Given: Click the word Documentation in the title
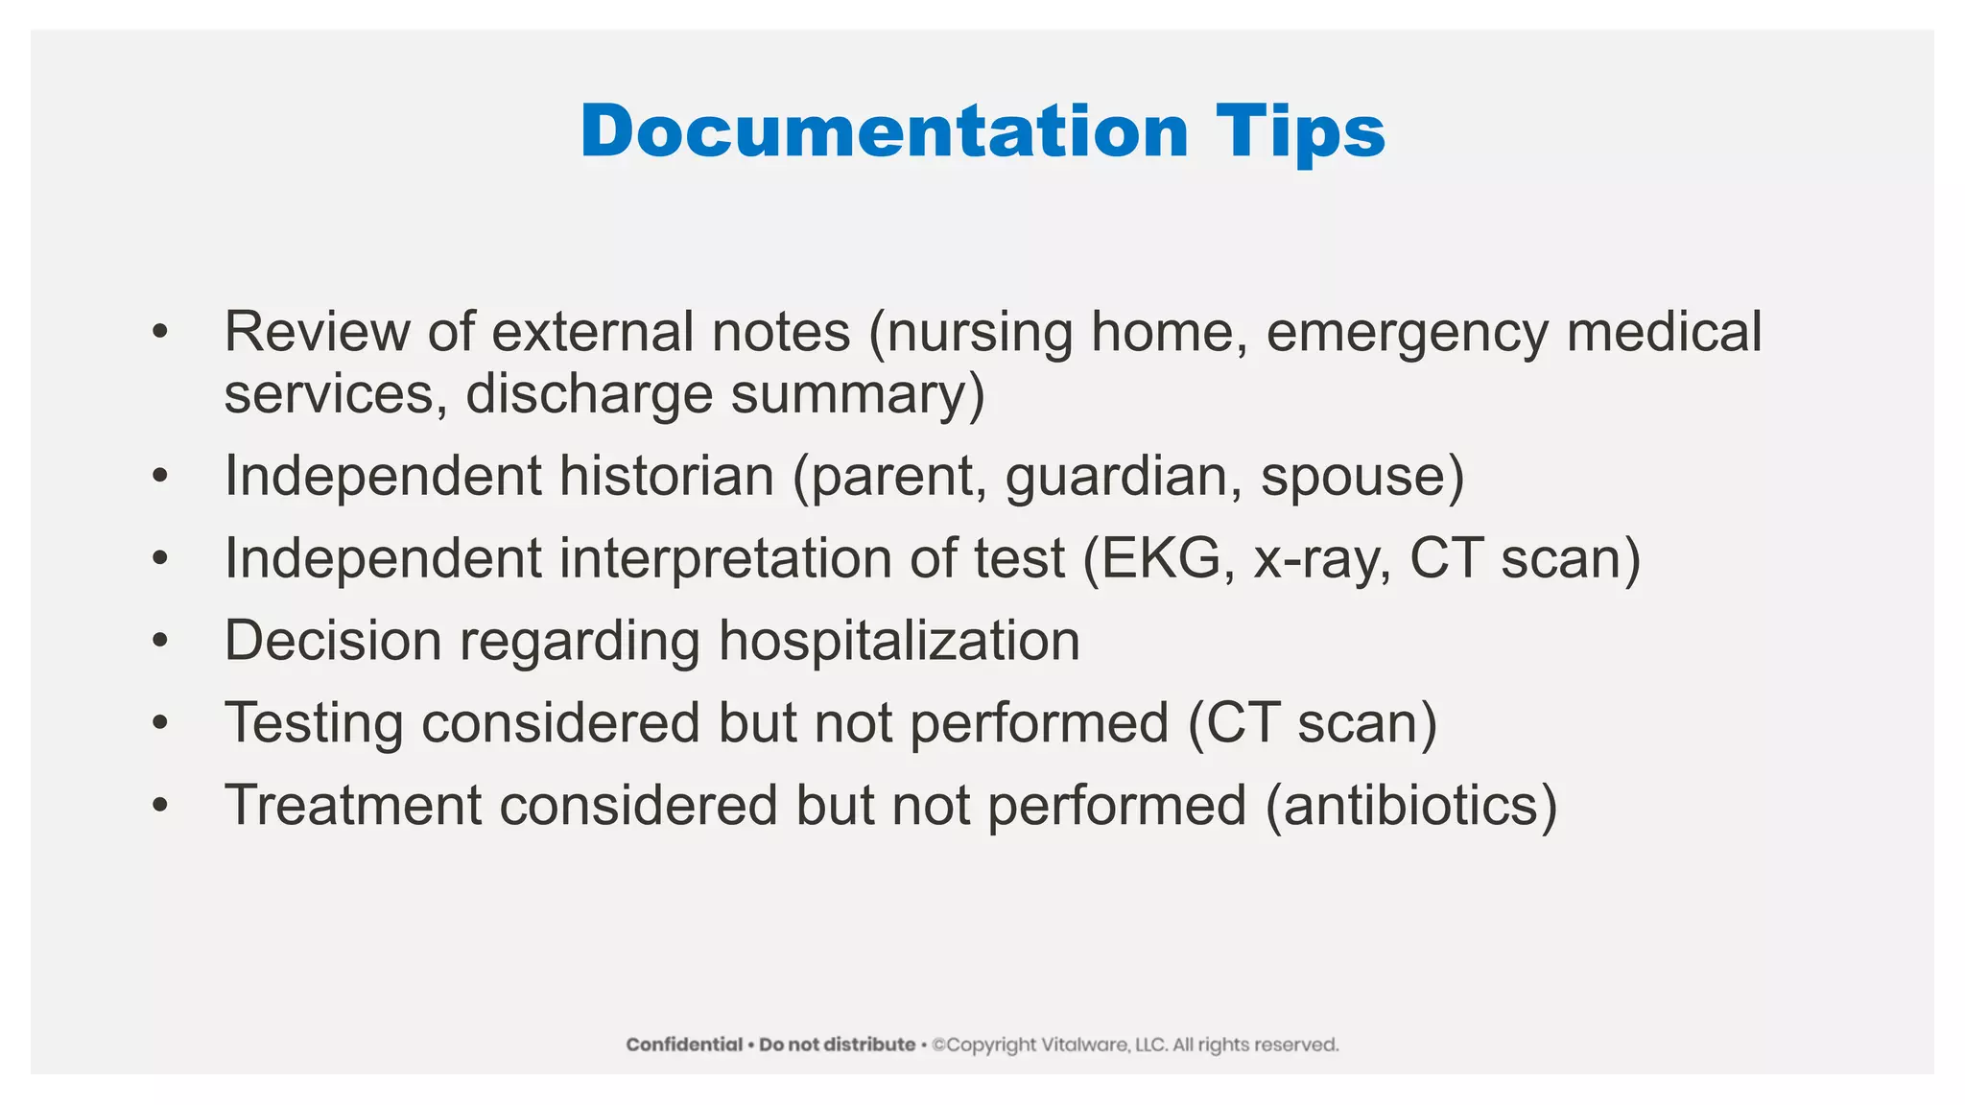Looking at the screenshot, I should pos(884,131).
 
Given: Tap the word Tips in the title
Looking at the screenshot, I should pos(1300,131).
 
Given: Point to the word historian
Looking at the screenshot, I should pos(666,476).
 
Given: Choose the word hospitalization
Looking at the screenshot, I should pos(899,641).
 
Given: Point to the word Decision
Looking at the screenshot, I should pos(332,640).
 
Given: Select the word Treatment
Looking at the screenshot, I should pos(352,805).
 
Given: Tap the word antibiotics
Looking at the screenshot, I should pos(1410,805).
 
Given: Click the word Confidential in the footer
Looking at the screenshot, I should pos(684,1045).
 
